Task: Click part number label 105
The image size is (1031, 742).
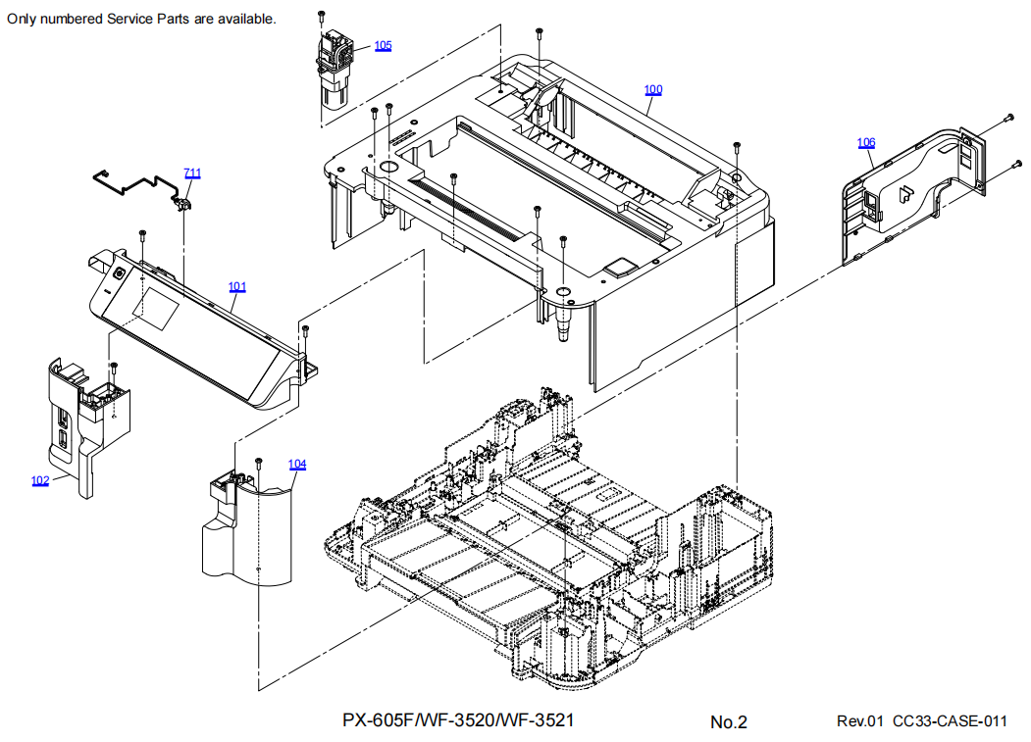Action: point(383,46)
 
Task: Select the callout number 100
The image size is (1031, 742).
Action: point(653,90)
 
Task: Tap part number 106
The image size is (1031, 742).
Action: point(866,143)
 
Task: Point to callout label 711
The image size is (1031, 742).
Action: point(192,173)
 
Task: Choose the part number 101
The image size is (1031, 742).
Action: point(237,287)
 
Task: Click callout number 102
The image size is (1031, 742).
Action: point(40,480)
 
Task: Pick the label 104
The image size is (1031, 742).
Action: point(297,465)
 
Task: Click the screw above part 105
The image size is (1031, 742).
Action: point(322,15)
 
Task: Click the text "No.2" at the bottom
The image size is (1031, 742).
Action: point(729,722)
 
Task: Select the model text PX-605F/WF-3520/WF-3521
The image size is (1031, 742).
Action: point(458,720)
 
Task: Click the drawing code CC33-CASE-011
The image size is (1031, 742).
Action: point(950,722)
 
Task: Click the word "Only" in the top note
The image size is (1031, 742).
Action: point(23,20)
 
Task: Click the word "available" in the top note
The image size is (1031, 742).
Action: point(247,20)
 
